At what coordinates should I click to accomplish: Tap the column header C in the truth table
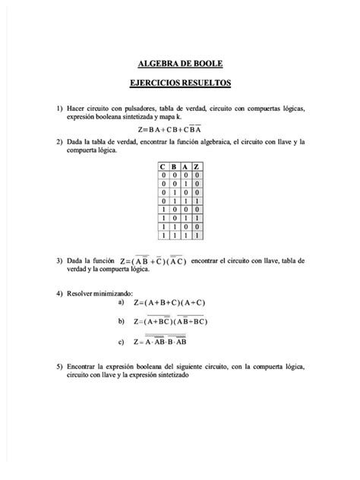pos(161,167)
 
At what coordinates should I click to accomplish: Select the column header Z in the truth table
pos(197,167)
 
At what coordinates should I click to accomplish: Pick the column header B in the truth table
pos(173,167)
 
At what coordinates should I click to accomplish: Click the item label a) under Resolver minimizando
pos(121,302)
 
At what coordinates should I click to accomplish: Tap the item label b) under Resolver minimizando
pos(121,321)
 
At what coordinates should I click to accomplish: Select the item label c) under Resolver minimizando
pos(121,342)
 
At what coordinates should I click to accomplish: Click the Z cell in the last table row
pos(197,236)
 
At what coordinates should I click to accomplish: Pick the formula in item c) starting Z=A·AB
pos(165,343)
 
